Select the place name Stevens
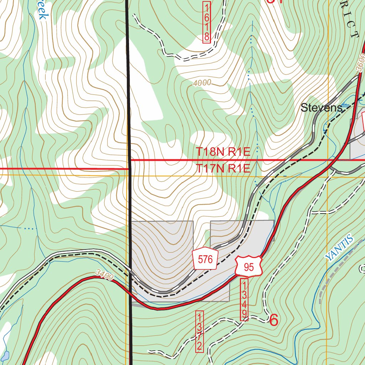click(x=321, y=108)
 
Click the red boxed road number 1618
click(x=207, y=22)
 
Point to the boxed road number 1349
click(x=245, y=300)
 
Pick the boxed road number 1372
click(x=200, y=331)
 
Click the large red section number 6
click(x=274, y=320)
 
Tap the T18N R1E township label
click(x=223, y=152)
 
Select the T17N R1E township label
click(x=223, y=169)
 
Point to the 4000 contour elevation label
click(x=202, y=83)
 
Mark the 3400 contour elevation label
click(x=104, y=275)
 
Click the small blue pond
click(x=5, y=355)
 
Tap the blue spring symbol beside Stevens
click(x=345, y=106)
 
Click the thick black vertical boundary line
click(x=129, y=200)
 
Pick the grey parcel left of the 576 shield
click(x=162, y=250)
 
